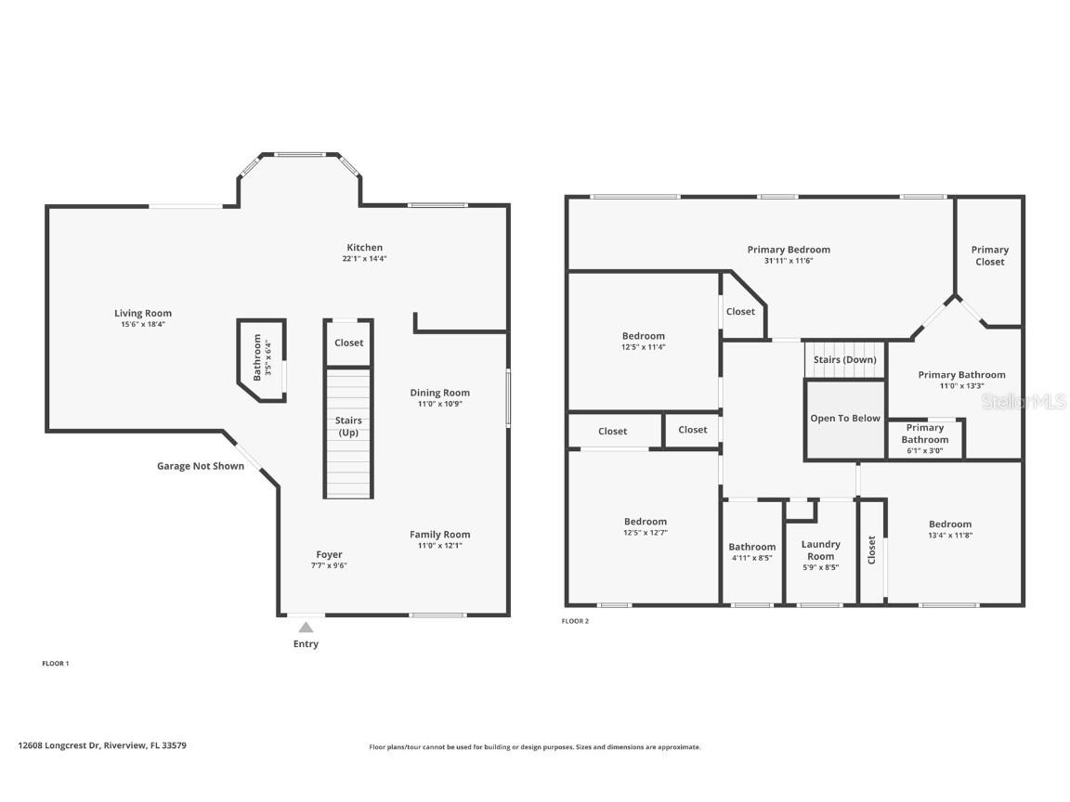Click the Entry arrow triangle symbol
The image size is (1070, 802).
(x=306, y=627)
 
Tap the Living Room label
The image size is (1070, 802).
(x=143, y=314)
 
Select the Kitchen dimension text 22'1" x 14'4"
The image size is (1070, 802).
(x=364, y=259)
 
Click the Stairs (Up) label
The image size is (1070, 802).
(x=348, y=427)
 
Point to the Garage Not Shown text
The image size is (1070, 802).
(x=201, y=466)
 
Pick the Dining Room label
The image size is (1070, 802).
(x=440, y=393)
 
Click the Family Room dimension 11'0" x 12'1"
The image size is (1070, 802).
(x=440, y=546)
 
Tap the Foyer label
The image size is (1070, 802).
(x=329, y=555)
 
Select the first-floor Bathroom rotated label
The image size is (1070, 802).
(x=258, y=357)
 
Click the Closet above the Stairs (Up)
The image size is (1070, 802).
(x=349, y=343)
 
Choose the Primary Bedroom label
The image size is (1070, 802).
(x=789, y=250)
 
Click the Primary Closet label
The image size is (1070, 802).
(x=989, y=255)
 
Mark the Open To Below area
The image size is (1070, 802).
(x=844, y=419)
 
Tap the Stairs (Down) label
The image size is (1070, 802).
(x=844, y=359)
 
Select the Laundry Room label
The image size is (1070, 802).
(x=820, y=550)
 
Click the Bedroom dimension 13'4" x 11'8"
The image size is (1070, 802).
(x=949, y=536)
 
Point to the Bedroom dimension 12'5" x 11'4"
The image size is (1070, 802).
(x=644, y=347)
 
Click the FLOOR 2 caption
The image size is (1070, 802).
(x=575, y=621)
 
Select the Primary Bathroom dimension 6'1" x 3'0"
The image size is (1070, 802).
(x=924, y=450)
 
